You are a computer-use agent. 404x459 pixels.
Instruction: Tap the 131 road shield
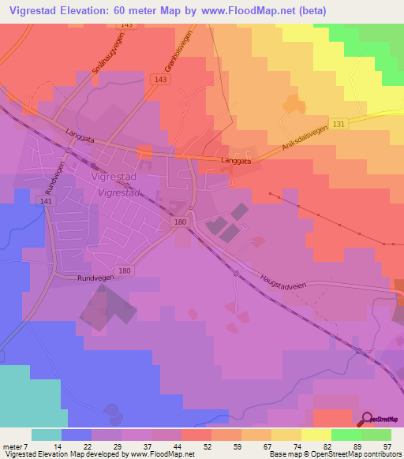(338, 125)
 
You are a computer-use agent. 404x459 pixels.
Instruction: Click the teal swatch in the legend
(47, 435)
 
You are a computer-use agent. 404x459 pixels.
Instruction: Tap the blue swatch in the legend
(77, 435)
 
